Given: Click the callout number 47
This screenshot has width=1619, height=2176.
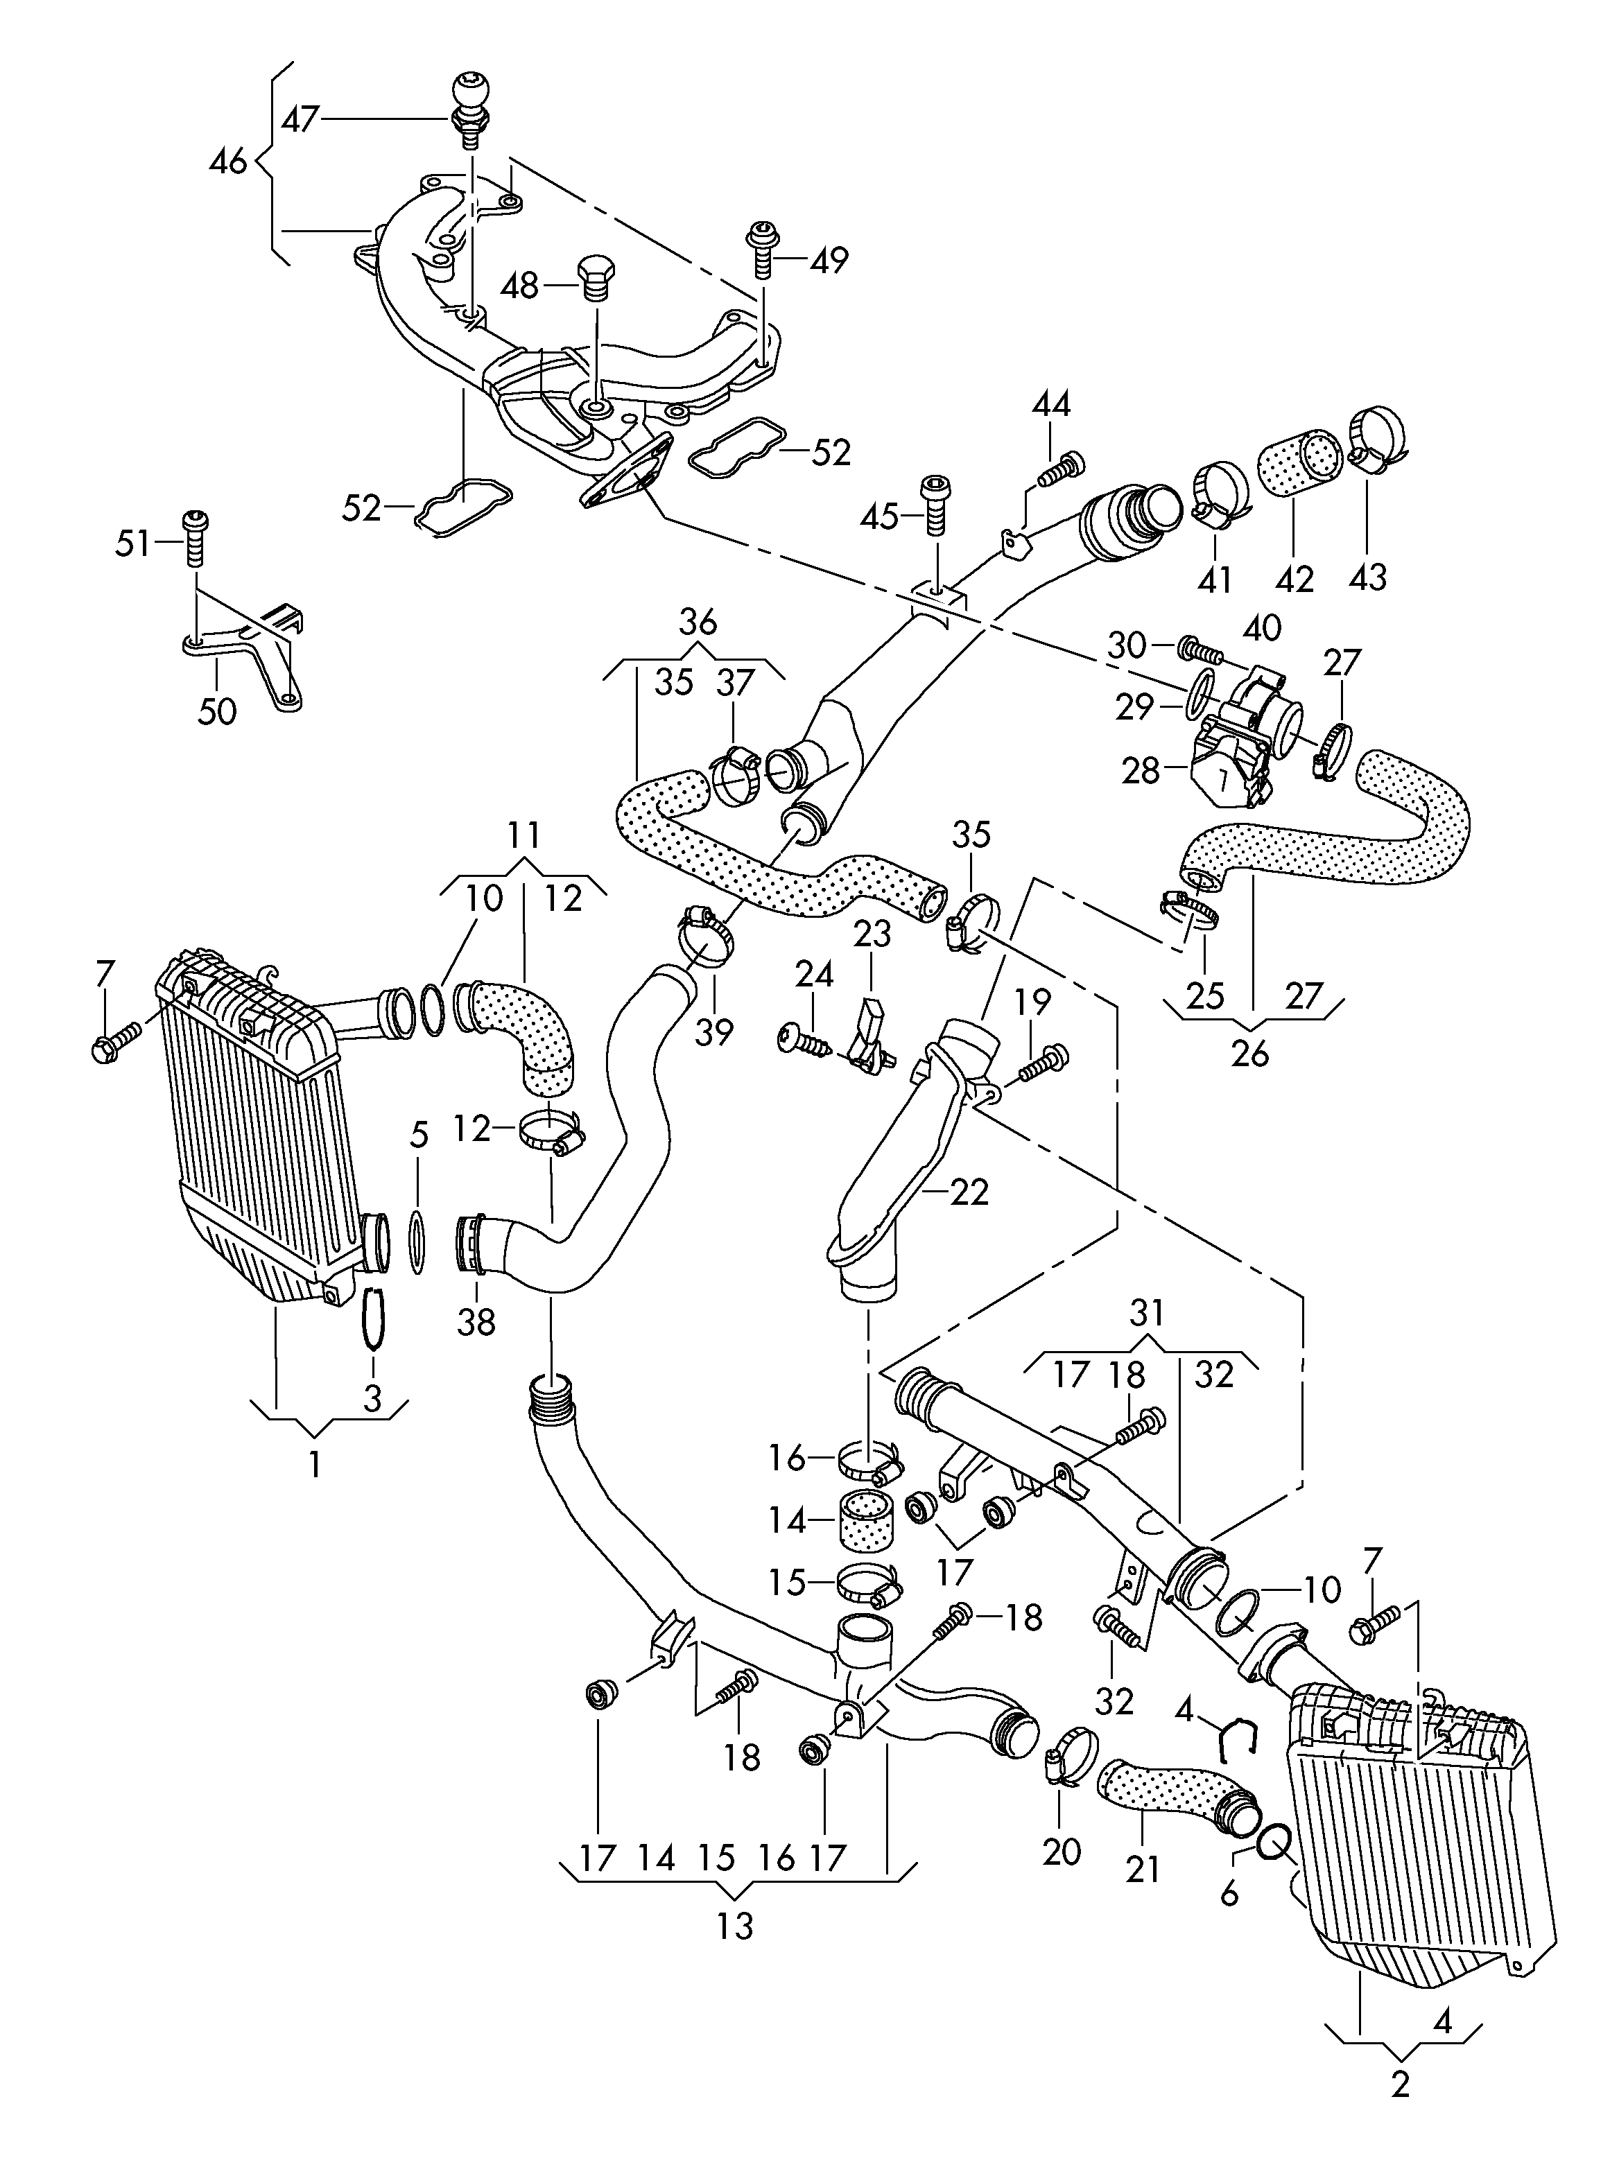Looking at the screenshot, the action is coord(300,119).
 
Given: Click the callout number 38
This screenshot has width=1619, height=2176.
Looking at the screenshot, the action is coord(476,1322).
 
